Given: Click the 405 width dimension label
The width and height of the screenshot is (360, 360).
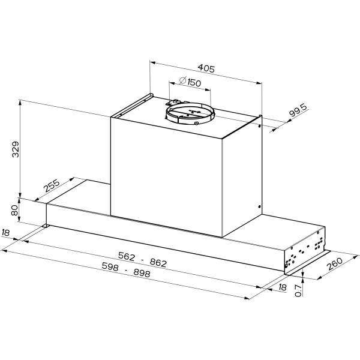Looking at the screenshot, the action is pyautogui.click(x=206, y=68).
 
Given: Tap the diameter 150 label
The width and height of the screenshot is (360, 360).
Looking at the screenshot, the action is pyautogui.click(x=190, y=82).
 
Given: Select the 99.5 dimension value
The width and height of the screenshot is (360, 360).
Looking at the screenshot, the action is pyautogui.click(x=298, y=110).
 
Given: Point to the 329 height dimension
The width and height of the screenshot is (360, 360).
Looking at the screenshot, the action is pyautogui.click(x=16, y=149).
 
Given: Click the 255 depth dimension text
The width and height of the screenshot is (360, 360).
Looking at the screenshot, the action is pyautogui.click(x=52, y=185).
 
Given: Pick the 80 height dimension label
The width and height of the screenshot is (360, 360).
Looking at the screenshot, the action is pyautogui.click(x=14, y=210).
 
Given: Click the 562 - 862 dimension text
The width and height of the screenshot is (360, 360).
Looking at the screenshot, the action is pyautogui.click(x=142, y=259).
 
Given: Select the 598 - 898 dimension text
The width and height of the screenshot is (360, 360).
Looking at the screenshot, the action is pyautogui.click(x=126, y=270).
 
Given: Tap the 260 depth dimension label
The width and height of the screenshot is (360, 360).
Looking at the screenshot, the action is pyautogui.click(x=335, y=264).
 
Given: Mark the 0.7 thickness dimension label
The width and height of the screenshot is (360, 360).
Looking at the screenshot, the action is pyautogui.click(x=298, y=290).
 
